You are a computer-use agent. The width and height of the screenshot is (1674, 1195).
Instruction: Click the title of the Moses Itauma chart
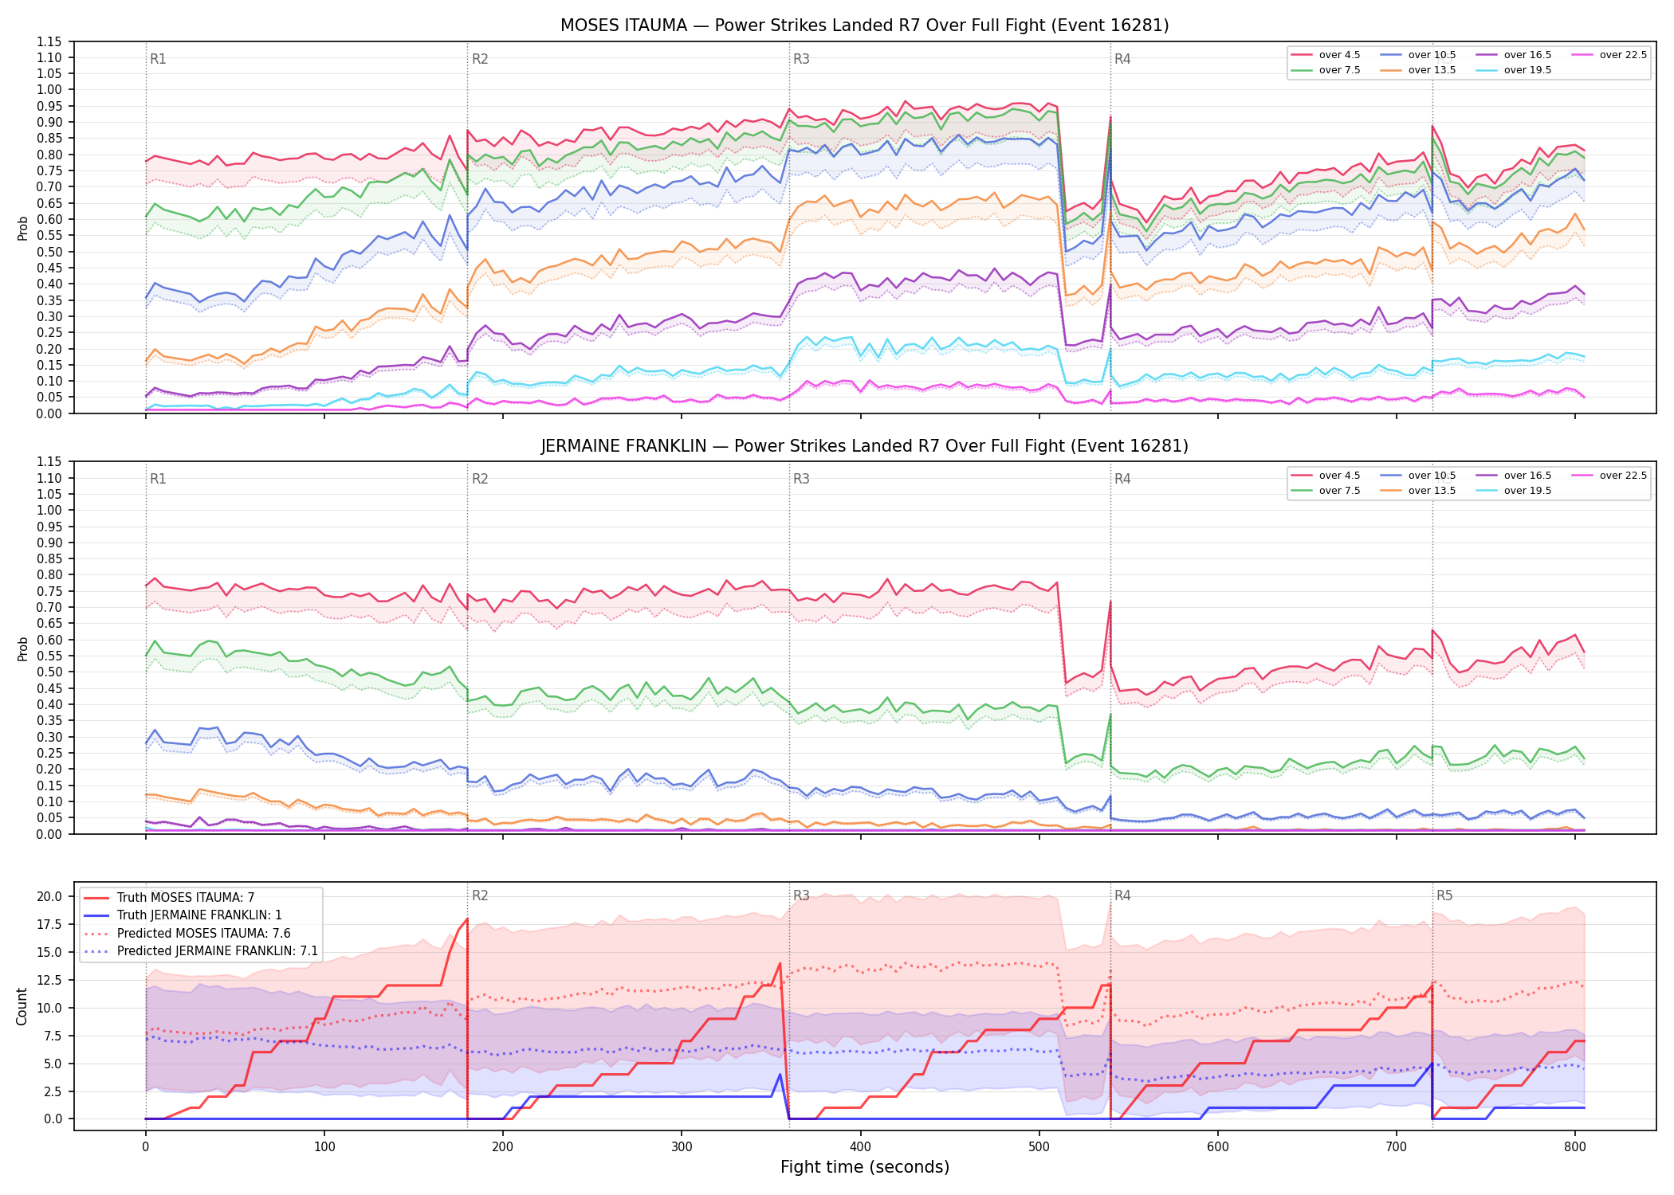pos(864,25)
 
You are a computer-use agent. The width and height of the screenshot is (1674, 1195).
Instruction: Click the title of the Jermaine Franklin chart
pos(864,446)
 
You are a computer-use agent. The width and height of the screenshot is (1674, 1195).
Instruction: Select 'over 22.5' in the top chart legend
pos(1623,55)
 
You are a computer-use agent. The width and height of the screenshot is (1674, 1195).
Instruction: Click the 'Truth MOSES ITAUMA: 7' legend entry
pos(186,898)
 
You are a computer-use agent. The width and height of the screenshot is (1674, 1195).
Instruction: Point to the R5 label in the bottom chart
pos(1444,895)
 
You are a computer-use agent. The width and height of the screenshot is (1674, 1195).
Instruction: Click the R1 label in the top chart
pos(158,59)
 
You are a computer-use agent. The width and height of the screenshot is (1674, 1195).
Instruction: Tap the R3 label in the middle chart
pos(801,479)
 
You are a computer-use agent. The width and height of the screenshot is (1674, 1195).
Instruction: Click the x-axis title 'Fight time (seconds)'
pos(865,1167)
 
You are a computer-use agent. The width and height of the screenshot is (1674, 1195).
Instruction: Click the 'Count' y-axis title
pos(22,1006)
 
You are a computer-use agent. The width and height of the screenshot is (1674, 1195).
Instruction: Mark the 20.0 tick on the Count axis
pos(49,896)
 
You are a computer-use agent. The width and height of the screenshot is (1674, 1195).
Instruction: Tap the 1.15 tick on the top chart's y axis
pos(49,41)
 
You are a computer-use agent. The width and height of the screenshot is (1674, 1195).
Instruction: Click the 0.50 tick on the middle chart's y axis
pos(49,672)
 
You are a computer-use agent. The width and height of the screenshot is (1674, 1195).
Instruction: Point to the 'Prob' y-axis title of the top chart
pos(22,228)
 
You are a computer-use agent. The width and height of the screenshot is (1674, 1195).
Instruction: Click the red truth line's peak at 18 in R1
pos(467,919)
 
